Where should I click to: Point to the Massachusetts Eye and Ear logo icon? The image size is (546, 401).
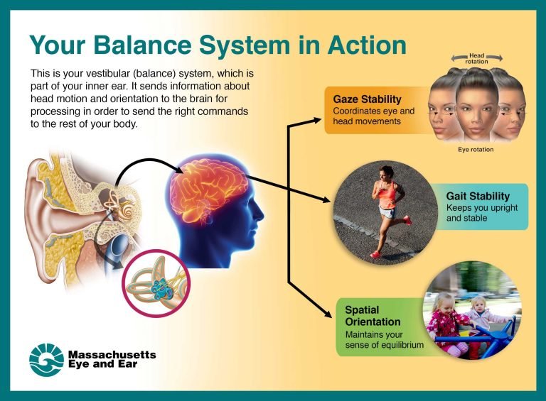tap(46, 359)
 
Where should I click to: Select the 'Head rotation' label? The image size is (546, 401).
tap(476, 59)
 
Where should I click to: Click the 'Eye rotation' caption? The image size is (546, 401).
tap(476, 150)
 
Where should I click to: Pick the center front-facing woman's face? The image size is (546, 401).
tap(476, 103)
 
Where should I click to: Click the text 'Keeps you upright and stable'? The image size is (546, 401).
tap(481, 213)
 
